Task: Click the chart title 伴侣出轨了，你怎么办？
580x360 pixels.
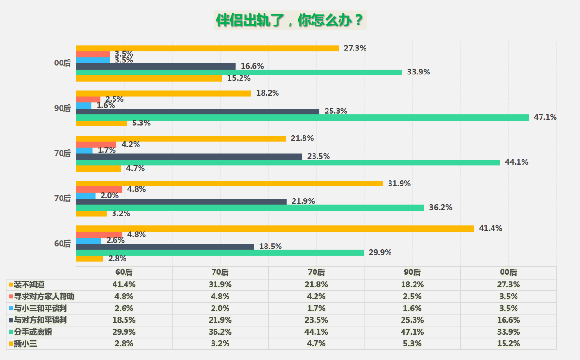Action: (x=290, y=21)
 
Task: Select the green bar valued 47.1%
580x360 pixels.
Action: (x=303, y=117)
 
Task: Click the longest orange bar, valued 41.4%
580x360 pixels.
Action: (x=275, y=228)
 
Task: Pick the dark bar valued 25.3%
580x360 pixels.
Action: (x=198, y=112)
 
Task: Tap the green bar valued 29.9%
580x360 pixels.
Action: (x=220, y=252)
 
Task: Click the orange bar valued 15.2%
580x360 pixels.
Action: (x=149, y=78)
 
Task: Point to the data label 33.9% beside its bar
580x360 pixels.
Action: (x=418, y=72)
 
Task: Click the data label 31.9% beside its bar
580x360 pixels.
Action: (x=399, y=183)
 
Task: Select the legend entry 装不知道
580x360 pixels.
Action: (x=29, y=285)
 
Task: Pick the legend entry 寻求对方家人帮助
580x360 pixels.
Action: (x=43, y=296)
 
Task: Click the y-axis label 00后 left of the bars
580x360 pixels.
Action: (x=63, y=63)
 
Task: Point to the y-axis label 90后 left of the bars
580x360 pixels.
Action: (x=63, y=108)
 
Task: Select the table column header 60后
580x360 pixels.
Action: (x=124, y=273)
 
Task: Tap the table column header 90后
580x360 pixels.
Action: (x=412, y=273)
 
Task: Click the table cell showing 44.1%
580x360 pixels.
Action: (x=316, y=332)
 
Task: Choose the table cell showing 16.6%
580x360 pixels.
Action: (x=508, y=320)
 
